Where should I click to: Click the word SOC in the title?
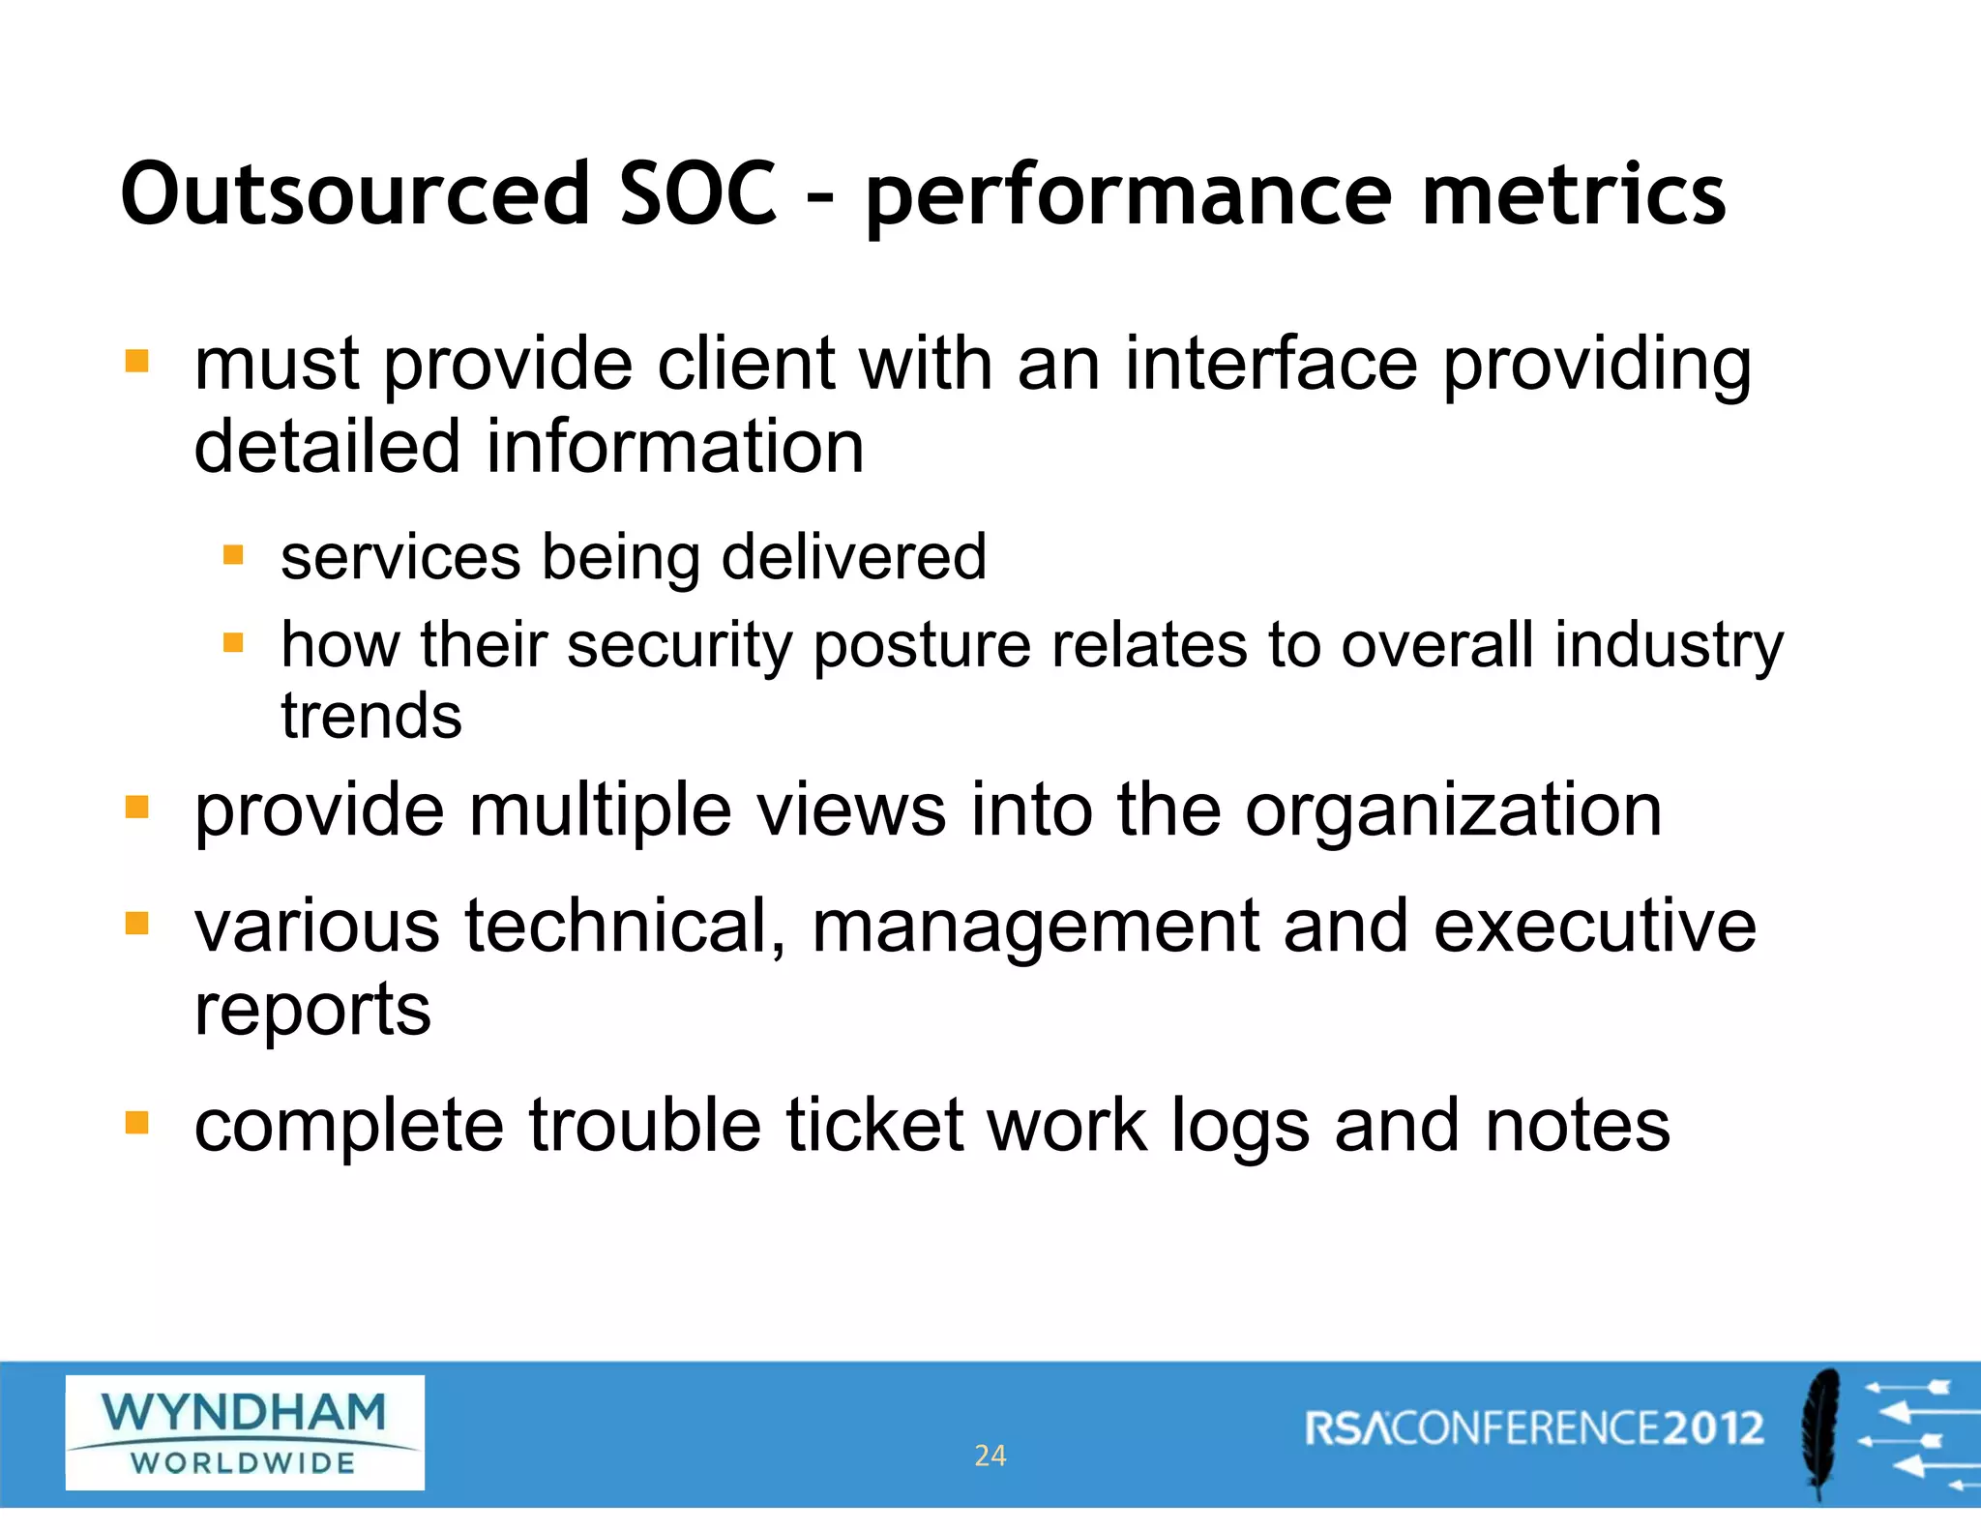pyautogui.click(x=697, y=193)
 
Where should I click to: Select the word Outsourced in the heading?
pyautogui.click(x=355, y=193)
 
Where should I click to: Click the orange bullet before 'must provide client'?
pyautogui.click(x=137, y=362)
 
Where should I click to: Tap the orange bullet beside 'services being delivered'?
pyautogui.click(x=233, y=554)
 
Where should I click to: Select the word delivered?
pyautogui.click(x=854, y=557)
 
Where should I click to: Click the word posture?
pyautogui.click(x=922, y=645)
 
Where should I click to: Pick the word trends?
pyautogui.click(x=371, y=717)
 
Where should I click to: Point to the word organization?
pyautogui.click(x=1453, y=810)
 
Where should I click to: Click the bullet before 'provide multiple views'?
pyautogui.click(x=137, y=807)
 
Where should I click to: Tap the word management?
pyautogui.click(x=1035, y=927)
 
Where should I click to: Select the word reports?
pyautogui.click(x=312, y=1010)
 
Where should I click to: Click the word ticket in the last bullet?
pyautogui.click(x=874, y=1126)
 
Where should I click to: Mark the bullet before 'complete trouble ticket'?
pyautogui.click(x=137, y=1122)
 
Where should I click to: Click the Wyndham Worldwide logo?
pyautogui.click(x=245, y=1432)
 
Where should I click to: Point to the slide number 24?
pyautogui.click(x=990, y=1456)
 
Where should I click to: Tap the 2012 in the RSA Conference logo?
pyautogui.click(x=1715, y=1428)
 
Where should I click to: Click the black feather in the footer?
pyautogui.click(x=1820, y=1431)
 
